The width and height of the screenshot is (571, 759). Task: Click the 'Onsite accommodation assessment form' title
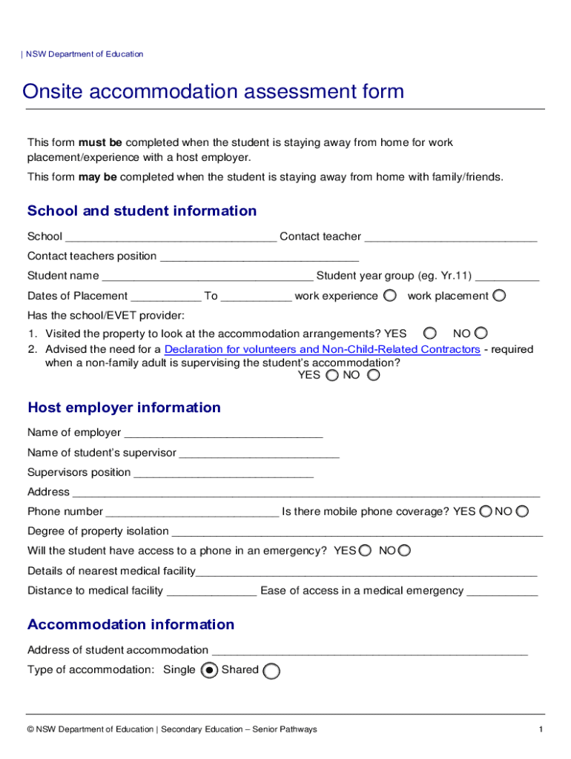tap(214, 92)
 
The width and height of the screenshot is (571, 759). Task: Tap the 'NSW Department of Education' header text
tap(85, 54)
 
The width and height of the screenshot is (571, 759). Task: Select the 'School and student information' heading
tap(142, 211)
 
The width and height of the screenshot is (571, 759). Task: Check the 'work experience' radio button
tap(390, 296)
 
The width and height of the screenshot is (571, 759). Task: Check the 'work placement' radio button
tap(499, 296)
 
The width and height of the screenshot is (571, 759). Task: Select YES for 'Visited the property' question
tap(429, 334)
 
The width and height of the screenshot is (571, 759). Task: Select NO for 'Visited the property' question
tap(481, 334)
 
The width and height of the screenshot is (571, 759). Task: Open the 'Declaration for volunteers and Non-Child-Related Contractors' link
tap(322, 349)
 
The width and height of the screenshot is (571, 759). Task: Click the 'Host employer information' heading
tap(124, 408)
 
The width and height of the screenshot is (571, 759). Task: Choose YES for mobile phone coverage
tap(485, 511)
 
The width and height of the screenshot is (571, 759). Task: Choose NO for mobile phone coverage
tap(522, 511)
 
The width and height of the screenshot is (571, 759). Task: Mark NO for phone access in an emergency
tap(404, 551)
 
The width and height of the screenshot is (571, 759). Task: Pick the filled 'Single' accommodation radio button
tap(209, 671)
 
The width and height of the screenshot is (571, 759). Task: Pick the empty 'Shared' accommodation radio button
tap(271, 671)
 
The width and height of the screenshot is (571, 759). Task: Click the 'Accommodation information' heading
tap(131, 625)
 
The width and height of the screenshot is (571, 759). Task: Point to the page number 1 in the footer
tap(541, 730)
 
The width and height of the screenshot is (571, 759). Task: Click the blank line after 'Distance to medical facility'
tap(212, 591)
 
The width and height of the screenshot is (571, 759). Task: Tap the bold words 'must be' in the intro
tap(101, 142)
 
